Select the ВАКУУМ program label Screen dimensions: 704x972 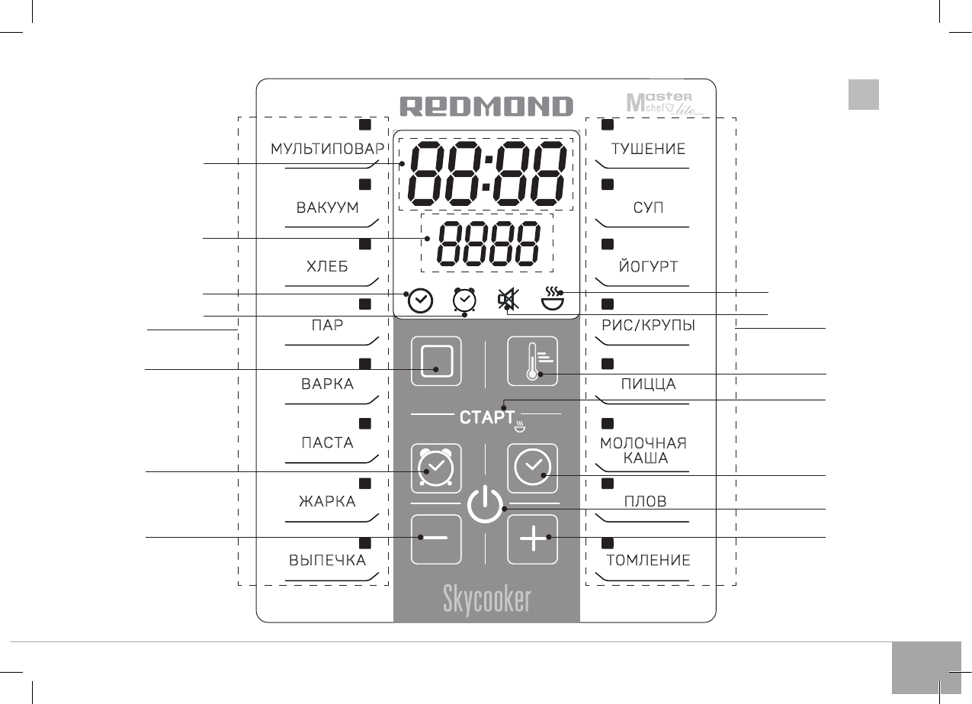click(327, 208)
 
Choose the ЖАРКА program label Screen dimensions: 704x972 click(326, 502)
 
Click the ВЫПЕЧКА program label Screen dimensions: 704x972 click(327, 561)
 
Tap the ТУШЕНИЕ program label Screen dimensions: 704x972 click(648, 149)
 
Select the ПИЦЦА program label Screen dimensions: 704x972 click(648, 384)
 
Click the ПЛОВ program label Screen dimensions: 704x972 click(645, 502)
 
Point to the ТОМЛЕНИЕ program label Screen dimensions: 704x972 click(648, 561)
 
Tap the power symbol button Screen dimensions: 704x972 click(485, 505)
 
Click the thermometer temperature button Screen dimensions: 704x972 click(533, 361)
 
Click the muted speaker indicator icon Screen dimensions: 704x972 click(505, 300)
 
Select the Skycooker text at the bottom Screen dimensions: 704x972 click(486, 600)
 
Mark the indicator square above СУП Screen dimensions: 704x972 click(608, 184)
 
